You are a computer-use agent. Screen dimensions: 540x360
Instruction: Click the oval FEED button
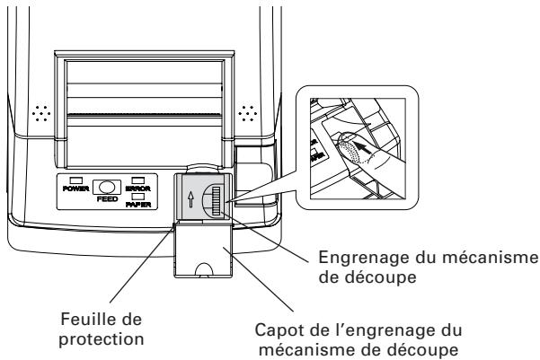pyautogui.click(x=107, y=187)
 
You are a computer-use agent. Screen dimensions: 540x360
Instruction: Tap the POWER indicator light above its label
pyautogui.click(x=75, y=180)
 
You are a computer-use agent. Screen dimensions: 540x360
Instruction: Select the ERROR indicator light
pyautogui.click(x=138, y=180)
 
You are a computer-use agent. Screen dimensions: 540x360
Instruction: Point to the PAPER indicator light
pyautogui.click(x=138, y=197)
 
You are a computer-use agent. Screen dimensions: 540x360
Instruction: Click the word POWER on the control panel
pyautogui.click(x=75, y=189)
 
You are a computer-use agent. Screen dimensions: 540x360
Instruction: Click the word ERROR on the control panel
pyautogui.click(x=137, y=189)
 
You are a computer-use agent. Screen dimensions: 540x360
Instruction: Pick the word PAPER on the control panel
pyautogui.click(x=138, y=205)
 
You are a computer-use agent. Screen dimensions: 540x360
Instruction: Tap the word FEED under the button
pyautogui.click(x=107, y=199)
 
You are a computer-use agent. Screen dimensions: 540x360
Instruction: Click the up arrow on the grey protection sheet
pyautogui.click(x=190, y=199)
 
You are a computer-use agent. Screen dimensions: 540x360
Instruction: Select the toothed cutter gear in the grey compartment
pyautogui.click(x=217, y=201)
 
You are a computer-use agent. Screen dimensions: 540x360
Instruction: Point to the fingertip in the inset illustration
pyautogui.click(x=349, y=148)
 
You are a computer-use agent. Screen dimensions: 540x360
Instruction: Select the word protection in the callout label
pyautogui.click(x=102, y=339)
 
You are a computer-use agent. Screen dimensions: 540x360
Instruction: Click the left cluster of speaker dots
pyautogui.click(x=41, y=113)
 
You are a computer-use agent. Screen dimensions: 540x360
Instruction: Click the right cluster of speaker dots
pyautogui.click(x=248, y=113)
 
